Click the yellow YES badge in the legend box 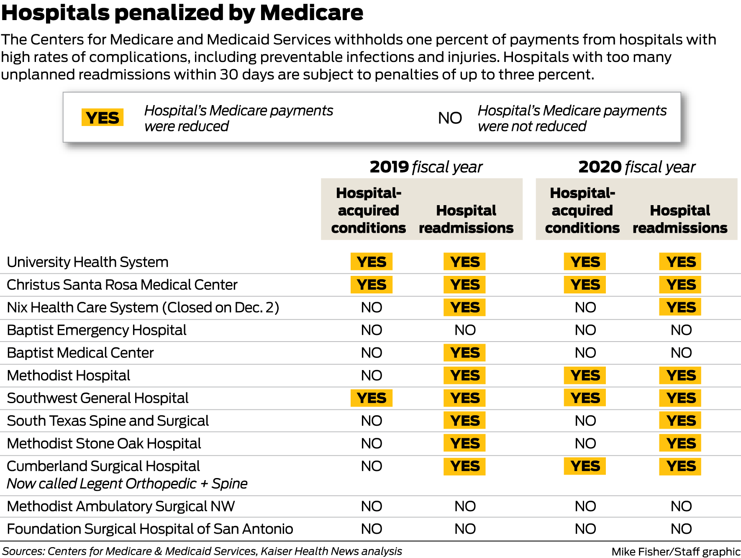[x=103, y=118]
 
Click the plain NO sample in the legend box [x=450, y=118]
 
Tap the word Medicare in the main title [x=311, y=13]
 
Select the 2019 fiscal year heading [x=426, y=167]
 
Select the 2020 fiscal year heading [x=636, y=167]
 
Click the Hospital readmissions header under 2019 [x=466, y=219]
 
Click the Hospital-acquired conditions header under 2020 [x=582, y=210]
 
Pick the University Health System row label [x=87, y=262]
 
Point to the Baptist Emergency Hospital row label [x=97, y=330]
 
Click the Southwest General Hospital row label [x=97, y=398]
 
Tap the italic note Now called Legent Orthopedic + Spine [x=127, y=484]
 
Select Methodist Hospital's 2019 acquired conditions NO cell [x=372, y=375]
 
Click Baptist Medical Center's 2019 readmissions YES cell [x=464, y=353]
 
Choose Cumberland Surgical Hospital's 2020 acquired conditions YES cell [x=585, y=466]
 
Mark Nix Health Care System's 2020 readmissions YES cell [x=680, y=307]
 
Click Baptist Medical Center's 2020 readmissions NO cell [x=681, y=353]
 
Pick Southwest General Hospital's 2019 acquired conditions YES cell [x=372, y=398]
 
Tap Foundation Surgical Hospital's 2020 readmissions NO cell [x=681, y=529]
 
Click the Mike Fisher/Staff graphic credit [x=675, y=552]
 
